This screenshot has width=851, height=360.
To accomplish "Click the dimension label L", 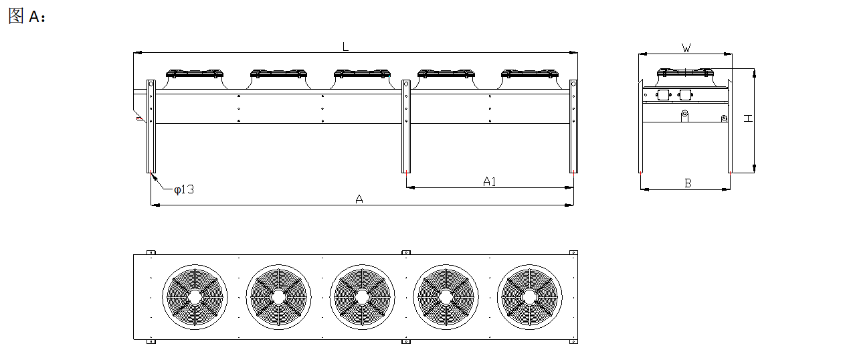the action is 345,47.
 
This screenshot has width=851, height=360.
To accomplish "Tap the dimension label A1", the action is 489,182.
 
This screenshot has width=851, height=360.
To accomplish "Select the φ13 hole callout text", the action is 184,189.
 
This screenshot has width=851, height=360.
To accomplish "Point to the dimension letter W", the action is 686,48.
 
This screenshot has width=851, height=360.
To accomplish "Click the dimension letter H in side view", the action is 748,118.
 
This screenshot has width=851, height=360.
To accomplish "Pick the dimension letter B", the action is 688,183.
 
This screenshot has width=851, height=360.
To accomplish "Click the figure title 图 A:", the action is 27,16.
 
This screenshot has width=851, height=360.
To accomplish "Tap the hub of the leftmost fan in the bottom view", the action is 195,297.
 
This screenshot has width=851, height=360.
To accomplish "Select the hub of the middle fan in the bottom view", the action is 362,297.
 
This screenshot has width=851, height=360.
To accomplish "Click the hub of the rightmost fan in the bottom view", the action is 530,297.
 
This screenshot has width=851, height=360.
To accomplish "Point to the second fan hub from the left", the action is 278,297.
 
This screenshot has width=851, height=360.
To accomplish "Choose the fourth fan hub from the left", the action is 446,297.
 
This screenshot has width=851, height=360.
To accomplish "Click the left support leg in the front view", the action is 151,126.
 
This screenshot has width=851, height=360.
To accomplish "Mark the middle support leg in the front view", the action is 406,126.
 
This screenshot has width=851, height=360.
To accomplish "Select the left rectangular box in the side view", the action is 663,94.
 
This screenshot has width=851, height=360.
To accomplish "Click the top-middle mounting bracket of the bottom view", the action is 406,252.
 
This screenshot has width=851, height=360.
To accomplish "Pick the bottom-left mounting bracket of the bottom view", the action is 151,341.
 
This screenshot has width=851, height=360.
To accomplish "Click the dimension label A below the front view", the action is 359,199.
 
